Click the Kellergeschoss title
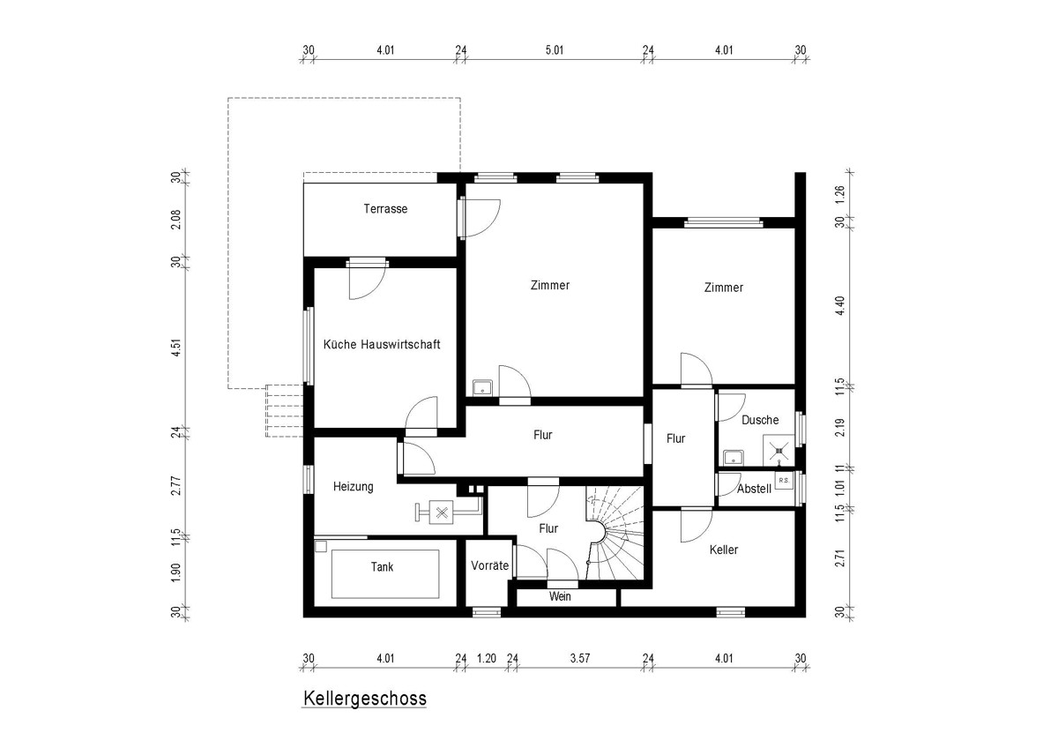click(x=365, y=699)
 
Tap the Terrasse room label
click(x=385, y=209)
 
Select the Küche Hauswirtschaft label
click(x=382, y=345)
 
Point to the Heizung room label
click(x=354, y=487)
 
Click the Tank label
click(x=382, y=567)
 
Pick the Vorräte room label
click(x=490, y=565)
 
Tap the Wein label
click(x=560, y=596)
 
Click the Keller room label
click(x=724, y=550)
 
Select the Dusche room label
click(x=760, y=420)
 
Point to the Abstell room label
click(x=755, y=489)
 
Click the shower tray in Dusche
click(x=779, y=451)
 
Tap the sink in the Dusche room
click(x=734, y=458)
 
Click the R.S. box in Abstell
click(x=784, y=481)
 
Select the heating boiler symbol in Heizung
click(x=442, y=512)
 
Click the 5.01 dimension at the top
click(x=555, y=50)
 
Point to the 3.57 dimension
click(x=580, y=658)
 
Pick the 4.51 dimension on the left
click(x=175, y=348)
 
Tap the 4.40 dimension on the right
click(x=839, y=306)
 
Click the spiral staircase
click(x=615, y=533)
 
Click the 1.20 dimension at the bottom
click(x=487, y=658)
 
